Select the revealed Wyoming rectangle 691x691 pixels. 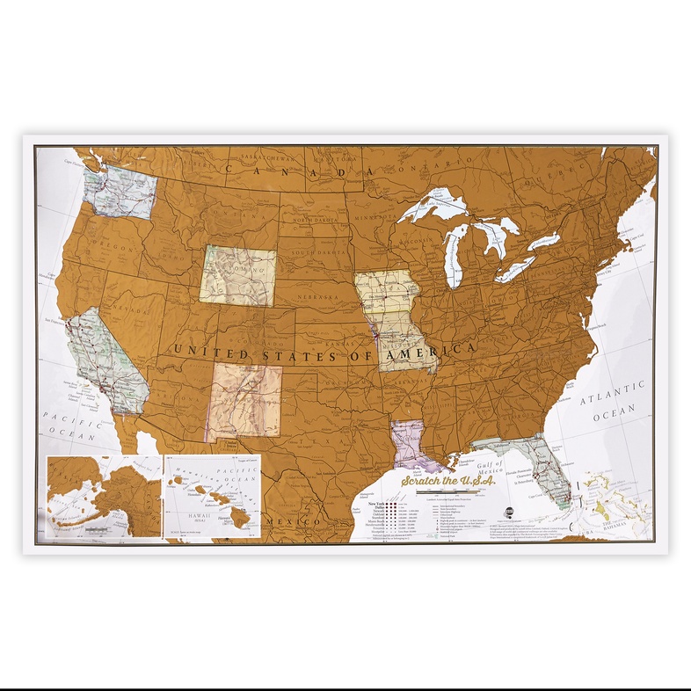pos(236,275)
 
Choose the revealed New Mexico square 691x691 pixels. pos(246,401)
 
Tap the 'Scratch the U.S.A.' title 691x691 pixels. pos(448,481)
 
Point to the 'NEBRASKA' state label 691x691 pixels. pos(316,298)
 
